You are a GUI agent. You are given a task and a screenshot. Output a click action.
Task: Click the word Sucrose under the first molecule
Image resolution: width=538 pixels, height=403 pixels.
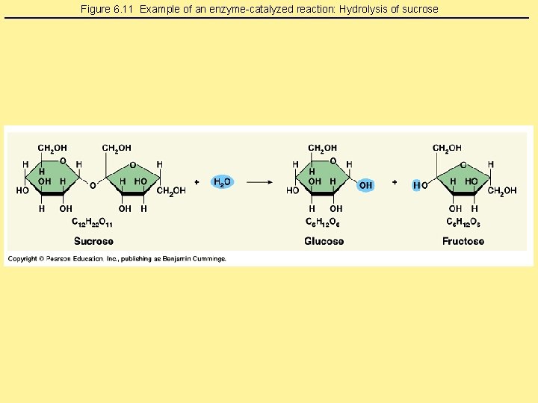point(93,241)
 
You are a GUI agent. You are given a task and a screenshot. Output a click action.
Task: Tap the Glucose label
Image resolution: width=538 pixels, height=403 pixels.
point(324,241)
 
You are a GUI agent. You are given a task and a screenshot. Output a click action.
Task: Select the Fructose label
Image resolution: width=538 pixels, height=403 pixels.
point(463,241)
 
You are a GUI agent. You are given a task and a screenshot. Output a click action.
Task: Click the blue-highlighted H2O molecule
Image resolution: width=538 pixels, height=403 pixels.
point(222,181)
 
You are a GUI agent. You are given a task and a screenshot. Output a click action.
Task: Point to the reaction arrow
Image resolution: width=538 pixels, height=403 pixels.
point(259,181)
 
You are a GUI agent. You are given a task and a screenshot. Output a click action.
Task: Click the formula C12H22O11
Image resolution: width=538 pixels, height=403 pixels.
point(93,222)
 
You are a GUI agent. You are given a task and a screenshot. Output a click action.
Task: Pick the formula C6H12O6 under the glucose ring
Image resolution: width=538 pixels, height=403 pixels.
point(324,222)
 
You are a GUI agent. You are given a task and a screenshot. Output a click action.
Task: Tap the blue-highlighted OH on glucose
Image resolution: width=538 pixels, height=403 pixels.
point(365,185)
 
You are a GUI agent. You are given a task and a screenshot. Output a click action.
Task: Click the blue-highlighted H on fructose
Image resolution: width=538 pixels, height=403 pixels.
point(416,185)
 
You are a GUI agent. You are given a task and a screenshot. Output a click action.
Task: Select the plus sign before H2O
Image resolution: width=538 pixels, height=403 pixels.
point(197,181)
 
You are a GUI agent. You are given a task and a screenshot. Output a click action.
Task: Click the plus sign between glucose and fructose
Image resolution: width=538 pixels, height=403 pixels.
point(395,181)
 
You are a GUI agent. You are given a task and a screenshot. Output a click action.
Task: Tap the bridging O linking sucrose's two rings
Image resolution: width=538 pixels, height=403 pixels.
point(93,185)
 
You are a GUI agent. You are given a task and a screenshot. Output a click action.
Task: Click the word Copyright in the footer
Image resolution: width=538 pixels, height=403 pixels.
point(23,259)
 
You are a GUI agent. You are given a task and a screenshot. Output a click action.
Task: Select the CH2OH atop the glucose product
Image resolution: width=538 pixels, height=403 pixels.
point(323,148)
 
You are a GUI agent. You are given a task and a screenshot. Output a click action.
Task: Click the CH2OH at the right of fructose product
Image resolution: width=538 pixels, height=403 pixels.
point(502,191)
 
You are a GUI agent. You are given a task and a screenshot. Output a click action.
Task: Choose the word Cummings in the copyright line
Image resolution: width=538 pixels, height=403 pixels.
point(208,259)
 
